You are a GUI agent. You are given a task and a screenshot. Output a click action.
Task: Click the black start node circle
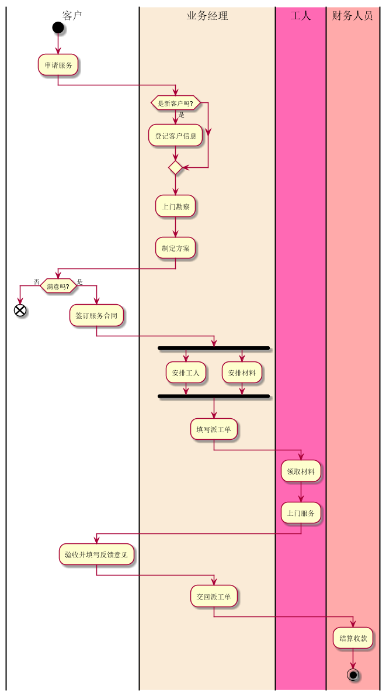(57, 27)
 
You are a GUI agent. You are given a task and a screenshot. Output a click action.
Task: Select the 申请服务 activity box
(58, 65)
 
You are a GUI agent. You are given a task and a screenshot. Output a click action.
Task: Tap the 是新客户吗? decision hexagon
(176, 103)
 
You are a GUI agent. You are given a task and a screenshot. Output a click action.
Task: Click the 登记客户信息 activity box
(176, 136)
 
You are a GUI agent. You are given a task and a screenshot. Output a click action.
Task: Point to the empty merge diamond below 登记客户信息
(176, 168)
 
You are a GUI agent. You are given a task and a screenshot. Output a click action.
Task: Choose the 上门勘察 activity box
(176, 206)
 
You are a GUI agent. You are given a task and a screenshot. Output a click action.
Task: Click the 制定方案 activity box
(176, 248)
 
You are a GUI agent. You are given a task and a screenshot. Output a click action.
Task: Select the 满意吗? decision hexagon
(58, 287)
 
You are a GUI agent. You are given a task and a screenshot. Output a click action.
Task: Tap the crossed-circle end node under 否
(20, 310)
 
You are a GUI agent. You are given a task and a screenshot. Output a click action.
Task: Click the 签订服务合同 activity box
(96, 316)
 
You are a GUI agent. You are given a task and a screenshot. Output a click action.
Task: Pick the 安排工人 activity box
(186, 373)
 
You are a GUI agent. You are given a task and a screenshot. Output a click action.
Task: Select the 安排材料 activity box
(242, 373)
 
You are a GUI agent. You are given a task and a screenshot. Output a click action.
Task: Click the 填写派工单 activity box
(214, 429)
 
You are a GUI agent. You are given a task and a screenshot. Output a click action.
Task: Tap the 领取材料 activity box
(301, 471)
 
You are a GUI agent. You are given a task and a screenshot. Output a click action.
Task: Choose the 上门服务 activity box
(301, 514)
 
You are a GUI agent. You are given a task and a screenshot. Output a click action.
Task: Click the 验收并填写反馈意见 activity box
(96, 554)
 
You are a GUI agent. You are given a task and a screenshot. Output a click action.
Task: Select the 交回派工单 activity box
(214, 597)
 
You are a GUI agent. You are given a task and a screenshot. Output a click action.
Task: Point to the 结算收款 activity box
(353, 638)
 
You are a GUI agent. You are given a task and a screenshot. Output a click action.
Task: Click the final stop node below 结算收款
(353, 674)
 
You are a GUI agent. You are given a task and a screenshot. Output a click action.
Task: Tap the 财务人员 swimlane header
(352, 16)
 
